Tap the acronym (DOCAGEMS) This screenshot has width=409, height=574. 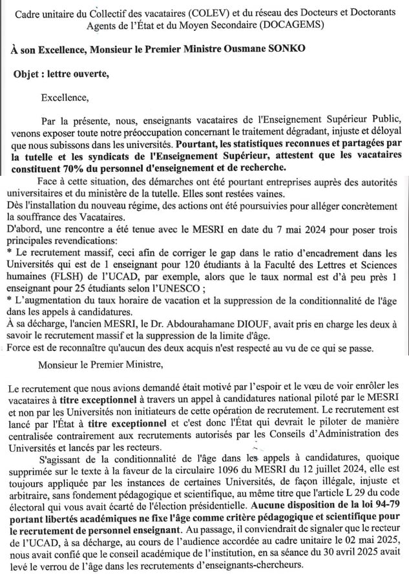[x=295, y=25]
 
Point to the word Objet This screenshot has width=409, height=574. [x=27, y=74]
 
